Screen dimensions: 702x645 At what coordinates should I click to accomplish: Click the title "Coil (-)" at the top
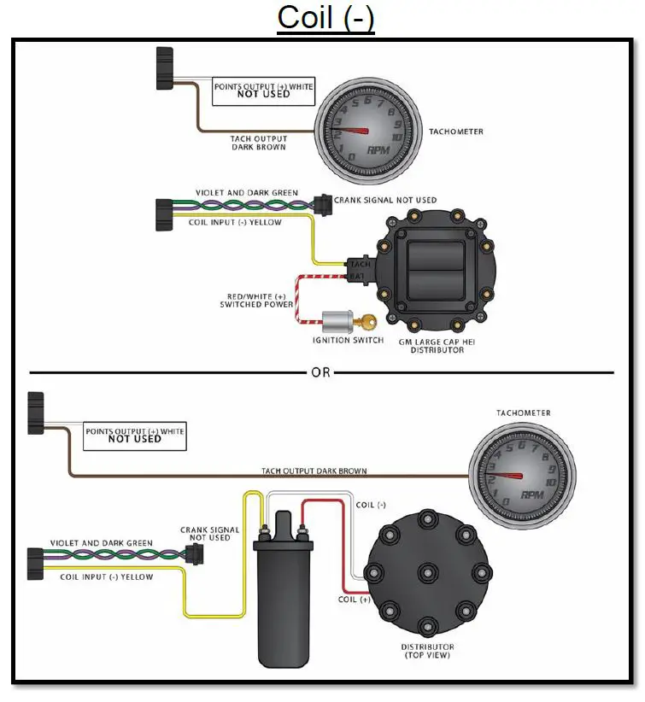pos(325,18)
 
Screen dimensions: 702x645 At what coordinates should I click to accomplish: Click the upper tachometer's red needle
pos(355,130)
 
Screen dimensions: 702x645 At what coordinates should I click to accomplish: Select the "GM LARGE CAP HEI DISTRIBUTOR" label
pos(437,345)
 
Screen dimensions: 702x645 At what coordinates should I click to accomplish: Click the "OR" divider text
pos(321,372)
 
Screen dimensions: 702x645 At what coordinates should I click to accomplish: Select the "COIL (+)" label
pos(355,600)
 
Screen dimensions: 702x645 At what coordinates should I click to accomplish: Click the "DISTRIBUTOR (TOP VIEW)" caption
pos(427,651)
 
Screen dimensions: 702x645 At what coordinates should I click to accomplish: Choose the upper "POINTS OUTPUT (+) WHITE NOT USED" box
pos(263,91)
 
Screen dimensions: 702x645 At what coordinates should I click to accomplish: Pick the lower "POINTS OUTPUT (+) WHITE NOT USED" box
pos(134,436)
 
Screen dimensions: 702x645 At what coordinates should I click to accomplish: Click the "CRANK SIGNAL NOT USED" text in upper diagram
pos(385,201)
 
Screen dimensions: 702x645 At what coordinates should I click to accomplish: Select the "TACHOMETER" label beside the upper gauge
pos(455,132)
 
